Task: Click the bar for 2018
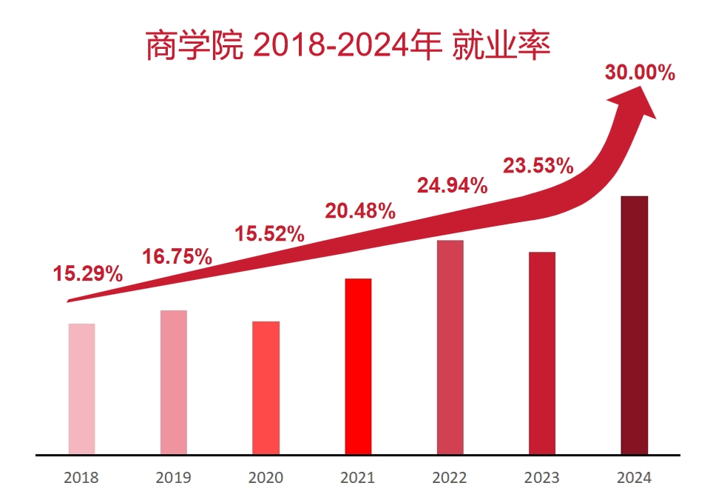tap(81, 389)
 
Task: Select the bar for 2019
tap(174, 382)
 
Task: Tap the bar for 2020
tap(266, 387)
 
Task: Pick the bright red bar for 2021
tap(358, 366)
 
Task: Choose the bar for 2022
tap(450, 347)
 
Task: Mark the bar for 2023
tap(541, 353)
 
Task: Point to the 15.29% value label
tap(87, 274)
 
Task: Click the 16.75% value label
tap(177, 257)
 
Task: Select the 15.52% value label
tap(270, 234)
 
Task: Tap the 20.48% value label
tap(360, 211)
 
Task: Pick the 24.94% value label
tap(452, 185)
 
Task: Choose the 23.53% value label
tap(538, 166)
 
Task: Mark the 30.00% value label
tap(640, 73)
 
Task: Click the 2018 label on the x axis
tap(81, 477)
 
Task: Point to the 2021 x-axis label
tap(358, 477)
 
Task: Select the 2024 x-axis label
tap(634, 477)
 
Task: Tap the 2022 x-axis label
tap(450, 477)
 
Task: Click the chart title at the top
tap(348, 47)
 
